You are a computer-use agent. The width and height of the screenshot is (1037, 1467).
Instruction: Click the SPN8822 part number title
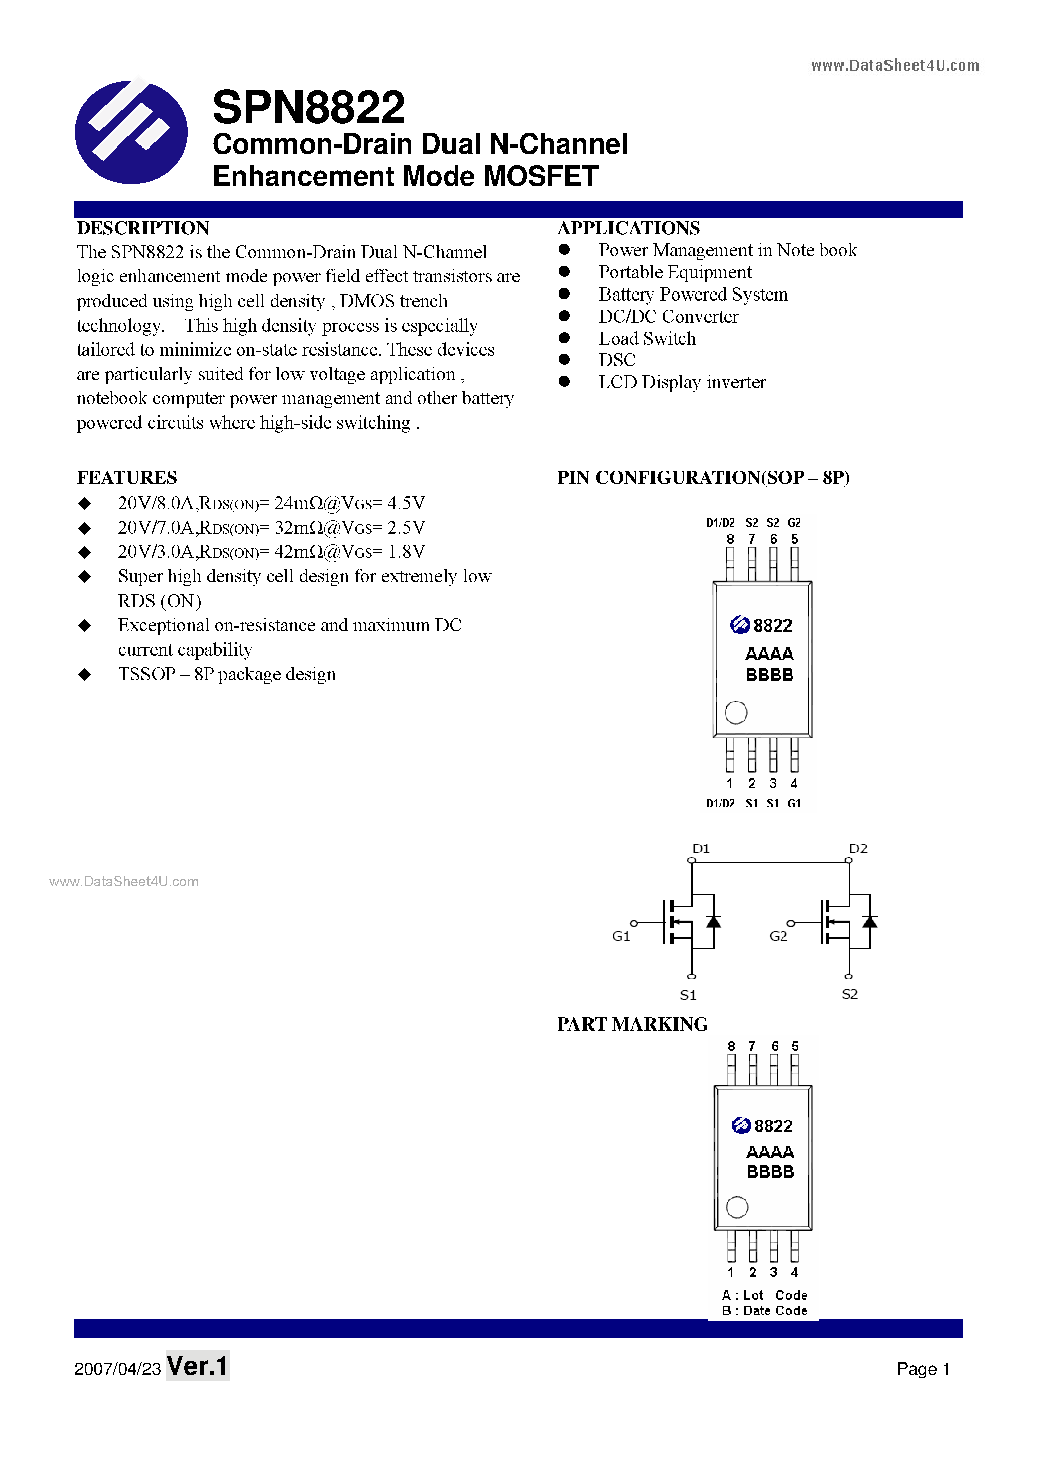click(x=309, y=107)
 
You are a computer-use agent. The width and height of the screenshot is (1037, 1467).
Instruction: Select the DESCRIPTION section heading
click(x=142, y=228)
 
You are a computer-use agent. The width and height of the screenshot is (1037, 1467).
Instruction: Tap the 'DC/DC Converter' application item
click(x=668, y=316)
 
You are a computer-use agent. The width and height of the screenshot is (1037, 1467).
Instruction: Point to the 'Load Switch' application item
click(x=647, y=339)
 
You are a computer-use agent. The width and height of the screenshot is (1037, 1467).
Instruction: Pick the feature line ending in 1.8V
click(x=271, y=552)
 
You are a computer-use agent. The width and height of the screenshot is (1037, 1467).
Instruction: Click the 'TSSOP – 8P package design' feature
click(x=227, y=674)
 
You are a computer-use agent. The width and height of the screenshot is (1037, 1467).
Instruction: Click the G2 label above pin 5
click(x=794, y=523)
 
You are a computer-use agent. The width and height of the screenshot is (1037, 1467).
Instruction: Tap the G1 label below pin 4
click(x=794, y=803)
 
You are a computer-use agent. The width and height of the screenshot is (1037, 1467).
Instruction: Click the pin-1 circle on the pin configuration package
click(x=736, y=712)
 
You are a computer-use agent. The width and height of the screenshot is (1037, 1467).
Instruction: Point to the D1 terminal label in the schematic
click(x=701, y=848)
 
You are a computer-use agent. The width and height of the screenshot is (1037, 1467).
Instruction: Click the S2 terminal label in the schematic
click(x=849, y=994)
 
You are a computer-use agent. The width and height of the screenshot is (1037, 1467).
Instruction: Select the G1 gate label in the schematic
click(x=621, y=936)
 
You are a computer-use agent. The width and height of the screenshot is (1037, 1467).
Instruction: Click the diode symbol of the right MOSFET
click(x=869, y=921)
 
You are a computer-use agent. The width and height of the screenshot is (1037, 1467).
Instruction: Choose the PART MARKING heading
click(x=632, y=1024)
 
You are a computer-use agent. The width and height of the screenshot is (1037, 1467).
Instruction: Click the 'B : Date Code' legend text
click(x=764, y=1310)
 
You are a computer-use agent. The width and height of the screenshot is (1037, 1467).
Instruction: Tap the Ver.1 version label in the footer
click(x=198, y=1366)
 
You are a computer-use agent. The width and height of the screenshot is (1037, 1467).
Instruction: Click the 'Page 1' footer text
click(x=923, y=1369)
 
